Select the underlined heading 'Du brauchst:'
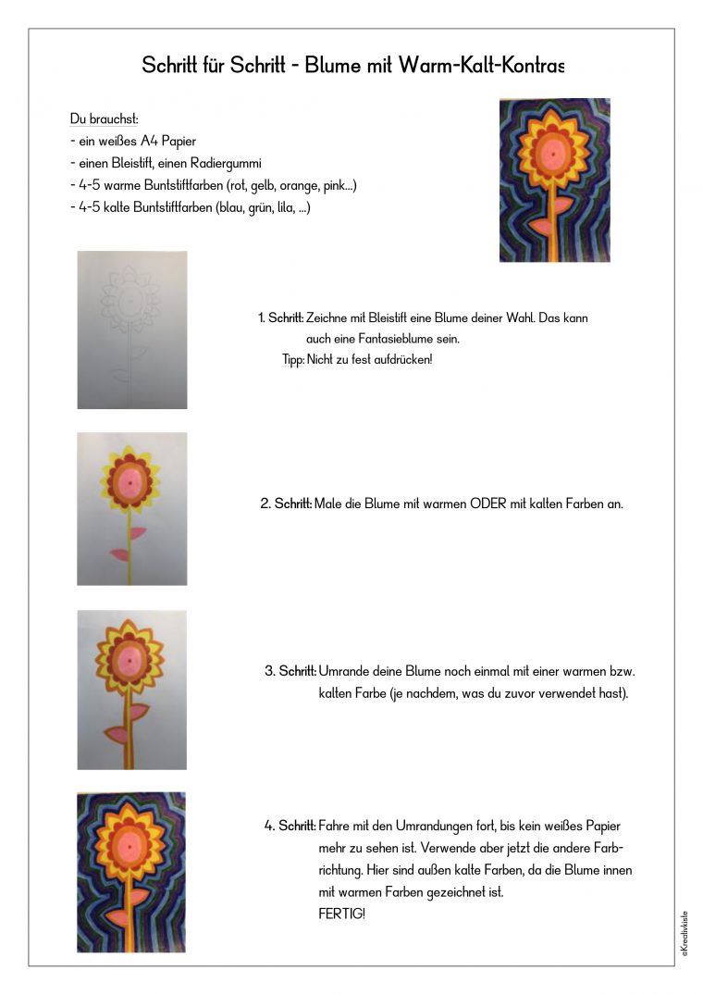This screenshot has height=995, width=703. click(x=104, y=118)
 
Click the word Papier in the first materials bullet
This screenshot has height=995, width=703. click(x=179, y=141)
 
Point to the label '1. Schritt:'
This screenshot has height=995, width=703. click(x=281, y=317)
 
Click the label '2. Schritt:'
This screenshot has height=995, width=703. click(x=286, y=504)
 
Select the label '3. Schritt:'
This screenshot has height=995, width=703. click(x=290, y=671)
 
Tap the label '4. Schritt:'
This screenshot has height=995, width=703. click(x=290, y=827)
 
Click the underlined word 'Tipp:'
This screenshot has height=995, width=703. click(x=293, y=360)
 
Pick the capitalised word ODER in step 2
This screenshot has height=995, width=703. click(x=488, y=504)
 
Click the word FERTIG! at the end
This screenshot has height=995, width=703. click(x=341, y=914)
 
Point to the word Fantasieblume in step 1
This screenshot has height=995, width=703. click(x=396, y=339)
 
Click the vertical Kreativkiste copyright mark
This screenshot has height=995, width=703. click(x=684, y=934)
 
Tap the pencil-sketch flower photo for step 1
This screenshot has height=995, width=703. click(x=132, y=330)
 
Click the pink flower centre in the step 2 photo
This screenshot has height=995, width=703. click(x=129, y=483)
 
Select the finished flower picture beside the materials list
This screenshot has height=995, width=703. click(x=555, y=180)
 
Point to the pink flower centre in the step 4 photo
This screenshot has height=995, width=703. click(x=129, y=847)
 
